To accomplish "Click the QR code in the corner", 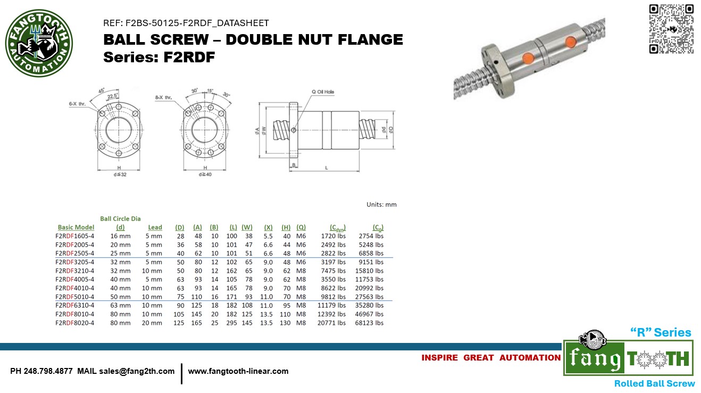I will [x=671, y=29].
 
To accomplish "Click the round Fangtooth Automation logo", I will [x=39, y=44].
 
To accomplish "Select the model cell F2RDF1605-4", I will [x=74, y=236].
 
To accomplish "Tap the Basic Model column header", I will [x=76, y=227].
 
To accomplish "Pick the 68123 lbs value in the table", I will [x=369, y=323].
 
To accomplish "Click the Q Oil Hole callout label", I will [x=323, y=92].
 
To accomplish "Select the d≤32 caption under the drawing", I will [x=119, y=175].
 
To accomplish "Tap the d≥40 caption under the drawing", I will [x=205, y=175].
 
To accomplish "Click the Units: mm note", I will [x=381, y=204].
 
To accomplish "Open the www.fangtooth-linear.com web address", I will [x=238, y=371].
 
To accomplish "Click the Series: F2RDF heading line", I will [x=159, y=57].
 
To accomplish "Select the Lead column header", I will [x=155, y=227].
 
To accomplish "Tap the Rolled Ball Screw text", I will [x=654, y=383].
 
